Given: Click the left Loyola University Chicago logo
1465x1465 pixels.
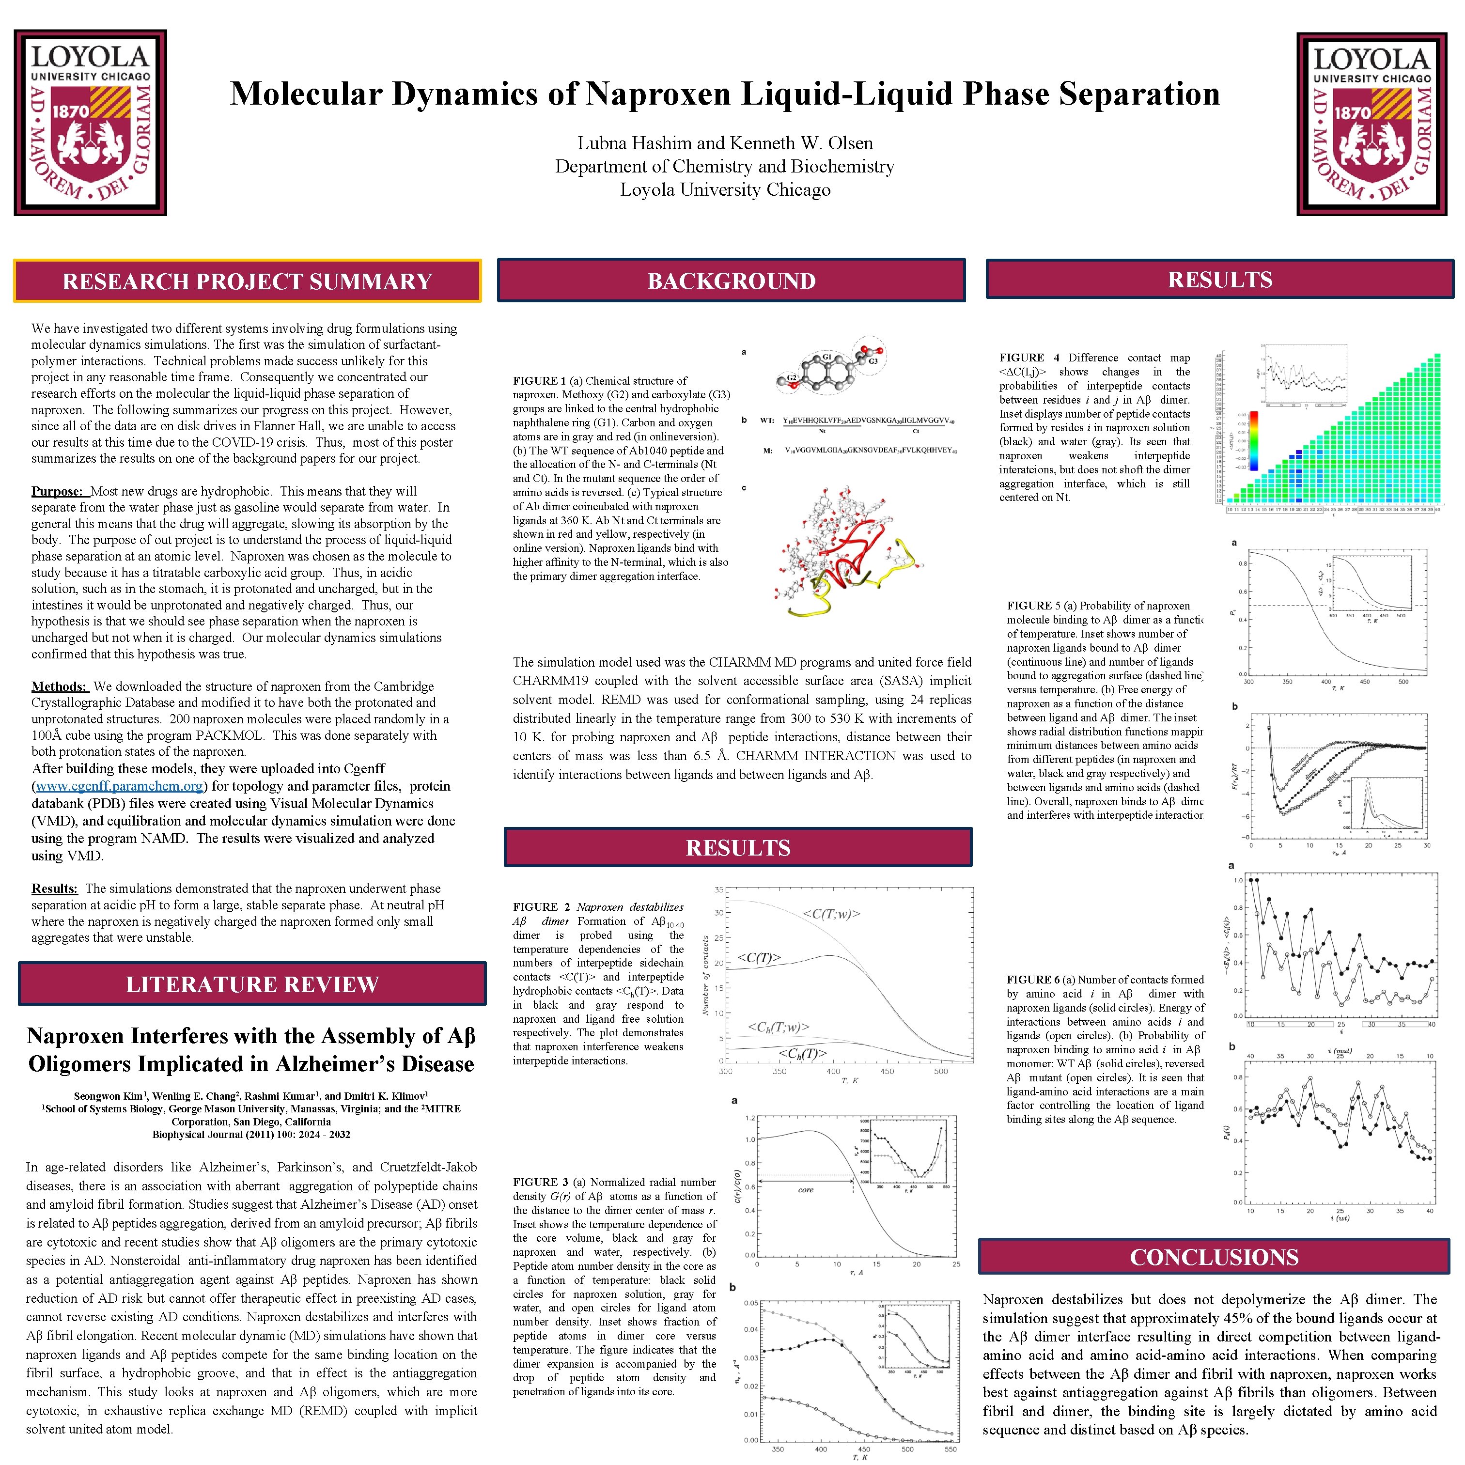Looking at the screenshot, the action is click(x=90, y=123).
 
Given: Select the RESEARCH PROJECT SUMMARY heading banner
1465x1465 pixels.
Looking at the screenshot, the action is click(x=247, y=281).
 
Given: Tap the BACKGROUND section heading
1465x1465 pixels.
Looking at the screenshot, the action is click(x=731, y=281).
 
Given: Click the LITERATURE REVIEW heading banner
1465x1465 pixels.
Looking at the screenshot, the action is click(x=252, y=984).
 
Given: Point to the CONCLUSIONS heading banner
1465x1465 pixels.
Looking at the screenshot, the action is click(x=1214, y=1257).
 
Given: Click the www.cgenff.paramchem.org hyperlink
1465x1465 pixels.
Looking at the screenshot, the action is click(x=119, y=786).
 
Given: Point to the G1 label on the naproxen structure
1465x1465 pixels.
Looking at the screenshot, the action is click(x=826, y=357).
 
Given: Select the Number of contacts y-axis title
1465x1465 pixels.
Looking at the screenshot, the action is click(x=705, y=974).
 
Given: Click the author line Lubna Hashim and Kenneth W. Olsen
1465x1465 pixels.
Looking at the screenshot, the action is click(x=725, y=143).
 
